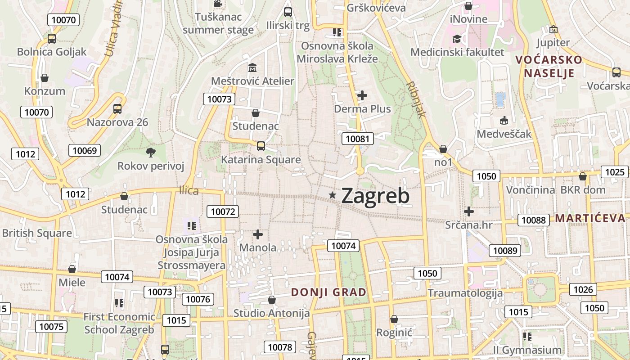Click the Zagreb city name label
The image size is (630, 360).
(375, 196)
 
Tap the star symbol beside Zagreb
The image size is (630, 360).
(333, 195)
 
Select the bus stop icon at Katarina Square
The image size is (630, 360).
(261, 146)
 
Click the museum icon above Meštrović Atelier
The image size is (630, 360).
(252, 68)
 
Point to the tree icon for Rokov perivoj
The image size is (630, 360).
(151, 153)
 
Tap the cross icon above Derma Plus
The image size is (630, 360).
(362, 95)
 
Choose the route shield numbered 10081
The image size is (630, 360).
(358, 139)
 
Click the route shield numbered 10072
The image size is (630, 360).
(223, 211)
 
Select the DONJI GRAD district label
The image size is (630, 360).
(328, 292)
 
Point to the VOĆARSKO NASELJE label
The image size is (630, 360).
(549, 66)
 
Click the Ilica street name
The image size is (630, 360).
(189, 191)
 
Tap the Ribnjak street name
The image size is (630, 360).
(415, 99)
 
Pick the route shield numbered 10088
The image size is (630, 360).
(534, 220)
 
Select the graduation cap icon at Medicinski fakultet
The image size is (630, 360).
(457, 39)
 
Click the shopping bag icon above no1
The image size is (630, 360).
(443, 148)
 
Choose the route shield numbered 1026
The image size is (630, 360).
(583, 289)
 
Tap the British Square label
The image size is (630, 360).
(37, 233)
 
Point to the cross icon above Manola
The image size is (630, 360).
(258, 234)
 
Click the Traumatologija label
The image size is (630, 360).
(465, 293)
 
